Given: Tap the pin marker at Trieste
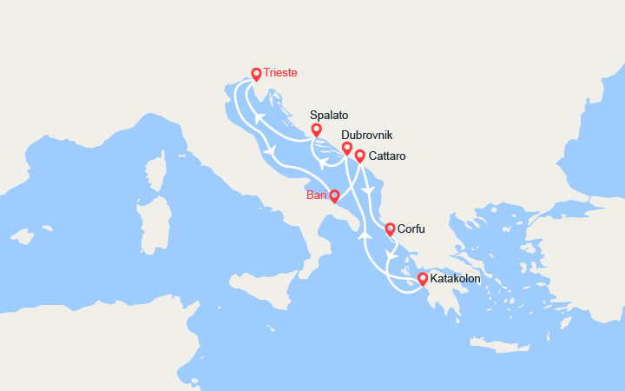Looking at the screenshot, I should [x=256, y=75].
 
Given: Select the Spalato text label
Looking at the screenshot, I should [x=329, y=115].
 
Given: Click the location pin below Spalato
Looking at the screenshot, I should [x=317, y=130].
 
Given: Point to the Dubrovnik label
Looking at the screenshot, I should [x=367, y=136].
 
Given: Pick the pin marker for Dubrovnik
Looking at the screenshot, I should [x=347, y=149].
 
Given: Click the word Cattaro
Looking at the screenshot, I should [x=387, y=156].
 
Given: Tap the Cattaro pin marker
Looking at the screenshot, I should [x=359, y=156].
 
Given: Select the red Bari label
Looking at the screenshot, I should [x=316, y=195].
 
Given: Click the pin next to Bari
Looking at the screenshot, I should [x=334, y=196].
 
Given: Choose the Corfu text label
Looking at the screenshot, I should [x=413, y=229].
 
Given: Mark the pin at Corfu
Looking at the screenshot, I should [x=390, y=229].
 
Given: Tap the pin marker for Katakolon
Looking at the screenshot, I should [x=423, y=279].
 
